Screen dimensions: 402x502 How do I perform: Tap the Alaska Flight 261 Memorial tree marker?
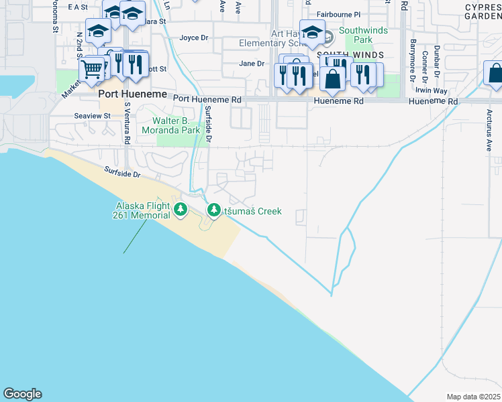(180, 210)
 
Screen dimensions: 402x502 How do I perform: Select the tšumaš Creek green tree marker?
(214, 211)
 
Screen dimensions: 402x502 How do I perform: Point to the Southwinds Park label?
(364, 35)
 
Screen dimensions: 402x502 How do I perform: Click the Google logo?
(22, 394)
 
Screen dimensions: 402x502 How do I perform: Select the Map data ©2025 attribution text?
(473, 397)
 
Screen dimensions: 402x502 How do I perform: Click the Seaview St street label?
(93, 115)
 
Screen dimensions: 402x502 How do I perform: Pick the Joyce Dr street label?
(193, 38)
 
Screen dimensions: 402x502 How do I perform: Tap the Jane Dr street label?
(252, 64)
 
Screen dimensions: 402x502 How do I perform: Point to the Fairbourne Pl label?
(338, 13)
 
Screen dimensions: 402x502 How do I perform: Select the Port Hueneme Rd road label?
(207, 98)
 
